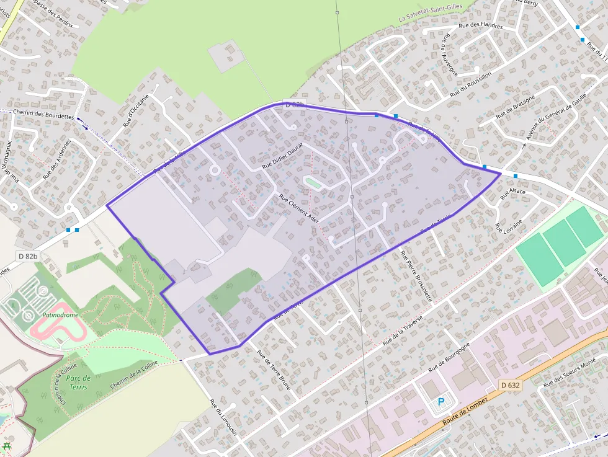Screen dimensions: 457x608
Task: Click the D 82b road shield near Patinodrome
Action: click(x=28, y=256)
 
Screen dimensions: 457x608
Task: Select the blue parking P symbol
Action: click(x=441, y=402)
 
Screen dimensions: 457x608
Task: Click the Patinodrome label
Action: click(x=60, y=315)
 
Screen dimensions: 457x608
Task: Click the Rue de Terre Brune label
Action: click(x=274, y=366)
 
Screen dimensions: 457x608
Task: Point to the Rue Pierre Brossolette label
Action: click(x=416, y=276)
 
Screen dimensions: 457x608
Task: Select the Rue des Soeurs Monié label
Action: click(x=570, y=372)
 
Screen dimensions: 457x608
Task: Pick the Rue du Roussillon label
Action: click(x=470, y=84)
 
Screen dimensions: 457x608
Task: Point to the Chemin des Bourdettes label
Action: click(x=43, y=115)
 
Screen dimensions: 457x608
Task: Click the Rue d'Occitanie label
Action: click(x=136, y=110)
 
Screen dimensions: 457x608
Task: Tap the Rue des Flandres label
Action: click(x=480, y=25)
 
